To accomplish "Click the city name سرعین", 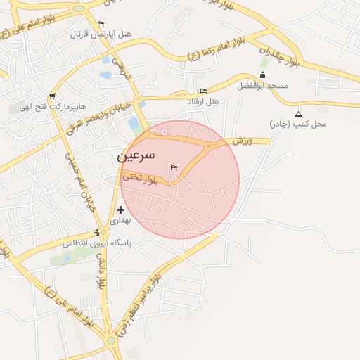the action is click(x=141, y=156).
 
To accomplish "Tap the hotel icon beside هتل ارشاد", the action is click(x=204, y=91).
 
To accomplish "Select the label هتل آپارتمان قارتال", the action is click(x=101, y=34).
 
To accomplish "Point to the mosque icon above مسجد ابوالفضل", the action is click(x=263, y=75).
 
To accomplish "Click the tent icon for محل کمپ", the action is click(x=298, y=114).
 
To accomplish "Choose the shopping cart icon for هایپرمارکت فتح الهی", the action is click(x=51, y=97).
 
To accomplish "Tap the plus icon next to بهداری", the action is click(x=120, y=209).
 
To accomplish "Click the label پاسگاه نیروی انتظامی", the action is click(x=98, y=243).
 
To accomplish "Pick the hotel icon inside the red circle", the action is click(x=174, y=167).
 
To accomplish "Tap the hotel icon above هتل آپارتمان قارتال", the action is click(x=101, y=23).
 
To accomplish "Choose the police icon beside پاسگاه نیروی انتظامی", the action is click(x=97, y=233).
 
